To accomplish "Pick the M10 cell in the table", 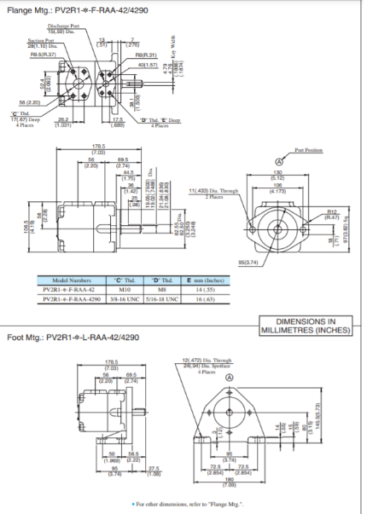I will click(119, 289).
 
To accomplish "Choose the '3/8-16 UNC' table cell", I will click(119, 298).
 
